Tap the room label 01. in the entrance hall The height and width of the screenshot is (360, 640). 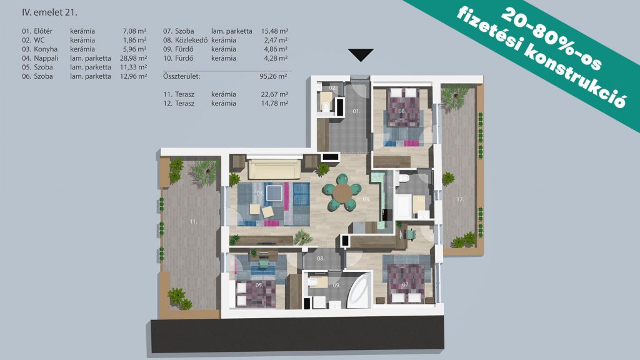click(356, 111)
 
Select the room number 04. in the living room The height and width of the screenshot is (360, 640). click(260, 193)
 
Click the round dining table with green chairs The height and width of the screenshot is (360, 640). click(342, 192)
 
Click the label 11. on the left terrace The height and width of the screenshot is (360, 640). click(193, 222)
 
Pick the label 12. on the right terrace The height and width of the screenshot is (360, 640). click(460, 199)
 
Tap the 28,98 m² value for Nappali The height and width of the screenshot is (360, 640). click(133, 58)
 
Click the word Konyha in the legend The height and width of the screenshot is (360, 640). click(46, 49)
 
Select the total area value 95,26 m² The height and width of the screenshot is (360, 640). click(274, 76)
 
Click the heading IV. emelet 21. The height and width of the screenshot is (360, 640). click(49, 12)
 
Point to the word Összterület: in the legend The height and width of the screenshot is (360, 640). click(182, 76)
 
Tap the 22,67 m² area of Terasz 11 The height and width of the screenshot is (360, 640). click(275, 94)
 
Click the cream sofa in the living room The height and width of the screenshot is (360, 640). click(275, 169)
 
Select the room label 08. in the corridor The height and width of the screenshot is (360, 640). click(321, 258)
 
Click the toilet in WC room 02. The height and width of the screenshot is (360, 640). click(326, 107)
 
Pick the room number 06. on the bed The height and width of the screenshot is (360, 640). click(402, 111)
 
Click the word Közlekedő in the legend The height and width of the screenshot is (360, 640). click(191, 40)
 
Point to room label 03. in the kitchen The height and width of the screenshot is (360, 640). click(366, 199)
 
